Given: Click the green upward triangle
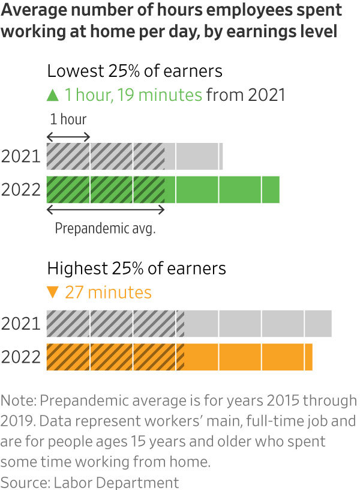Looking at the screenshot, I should (x=53, y=95).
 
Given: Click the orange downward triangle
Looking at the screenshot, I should (x=53, y=292).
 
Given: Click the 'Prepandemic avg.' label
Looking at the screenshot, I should (x=105, y=229).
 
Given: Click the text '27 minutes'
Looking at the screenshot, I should (x=108, y=292).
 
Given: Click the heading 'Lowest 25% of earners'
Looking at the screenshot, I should (x=134, y=71).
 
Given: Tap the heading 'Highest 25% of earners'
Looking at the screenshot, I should (x=136, y=268).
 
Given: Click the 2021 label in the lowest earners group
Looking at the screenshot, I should (x=20, y=157).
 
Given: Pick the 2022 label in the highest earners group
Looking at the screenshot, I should (x=20, y=357).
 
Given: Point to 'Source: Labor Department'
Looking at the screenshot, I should (x=89, y=482).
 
